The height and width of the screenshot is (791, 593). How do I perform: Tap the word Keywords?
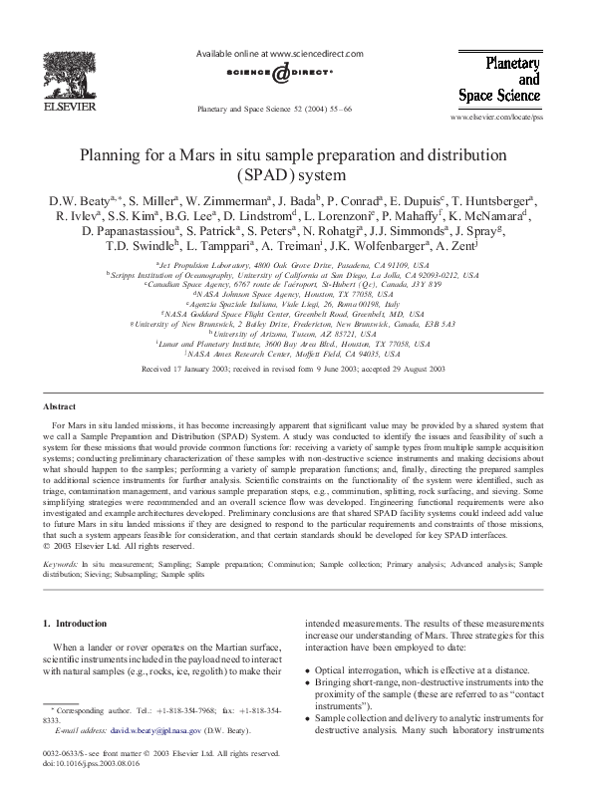62,564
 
